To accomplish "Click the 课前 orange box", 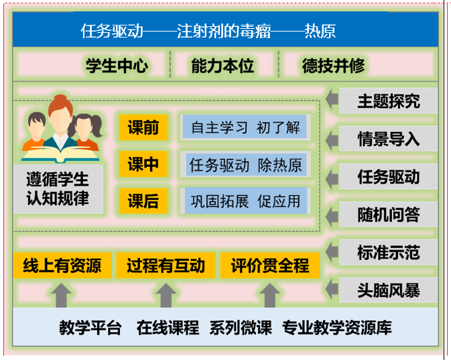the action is click(x=143, y=127).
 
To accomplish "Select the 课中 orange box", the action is click(x=143, y=164).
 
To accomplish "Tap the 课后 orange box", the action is click(x=143, y=200).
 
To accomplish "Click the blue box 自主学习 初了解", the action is click(x=245, y=127).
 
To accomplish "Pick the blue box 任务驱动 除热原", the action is click(x=246, y=164).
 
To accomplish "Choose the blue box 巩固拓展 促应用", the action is click(x=246, y=200).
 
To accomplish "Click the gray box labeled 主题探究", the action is click(x=388, y=101).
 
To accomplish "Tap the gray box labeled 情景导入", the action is click(x=388, y=139).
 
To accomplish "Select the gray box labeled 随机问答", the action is click(x=388, y=215).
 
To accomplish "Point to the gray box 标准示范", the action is click(x=388, y=252).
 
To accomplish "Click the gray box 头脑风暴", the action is click(x=388, y=290).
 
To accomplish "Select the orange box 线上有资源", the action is click(x=62, y=265).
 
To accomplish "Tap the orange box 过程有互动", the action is click(x=166, y=265).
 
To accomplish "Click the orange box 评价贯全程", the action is click(x=270, y=265).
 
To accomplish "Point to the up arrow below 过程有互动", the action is click(x=166, y=296).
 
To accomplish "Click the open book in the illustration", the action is click(x=60, y=154).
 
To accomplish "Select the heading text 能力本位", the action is click(x=222, y=66).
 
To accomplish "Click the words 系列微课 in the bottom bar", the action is click(x=241, y=327).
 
